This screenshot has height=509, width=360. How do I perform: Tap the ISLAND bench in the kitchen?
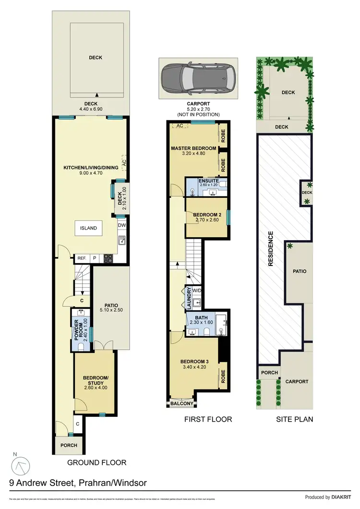coord(88,228)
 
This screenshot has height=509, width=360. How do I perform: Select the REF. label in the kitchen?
coord(81,258)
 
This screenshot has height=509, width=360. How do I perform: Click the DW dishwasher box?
coord(122,224)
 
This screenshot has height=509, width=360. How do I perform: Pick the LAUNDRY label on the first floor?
coord(189,298)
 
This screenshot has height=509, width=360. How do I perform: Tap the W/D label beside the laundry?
coord(197,290)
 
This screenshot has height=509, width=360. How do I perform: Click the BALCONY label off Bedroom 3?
coord(182,404)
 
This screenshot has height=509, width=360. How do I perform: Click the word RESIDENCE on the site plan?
coord(271,249)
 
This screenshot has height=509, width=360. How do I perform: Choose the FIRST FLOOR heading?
coord(208,419)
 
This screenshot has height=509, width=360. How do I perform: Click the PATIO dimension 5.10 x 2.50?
coord(111,311)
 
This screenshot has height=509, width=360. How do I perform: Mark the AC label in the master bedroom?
coord(180,126)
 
